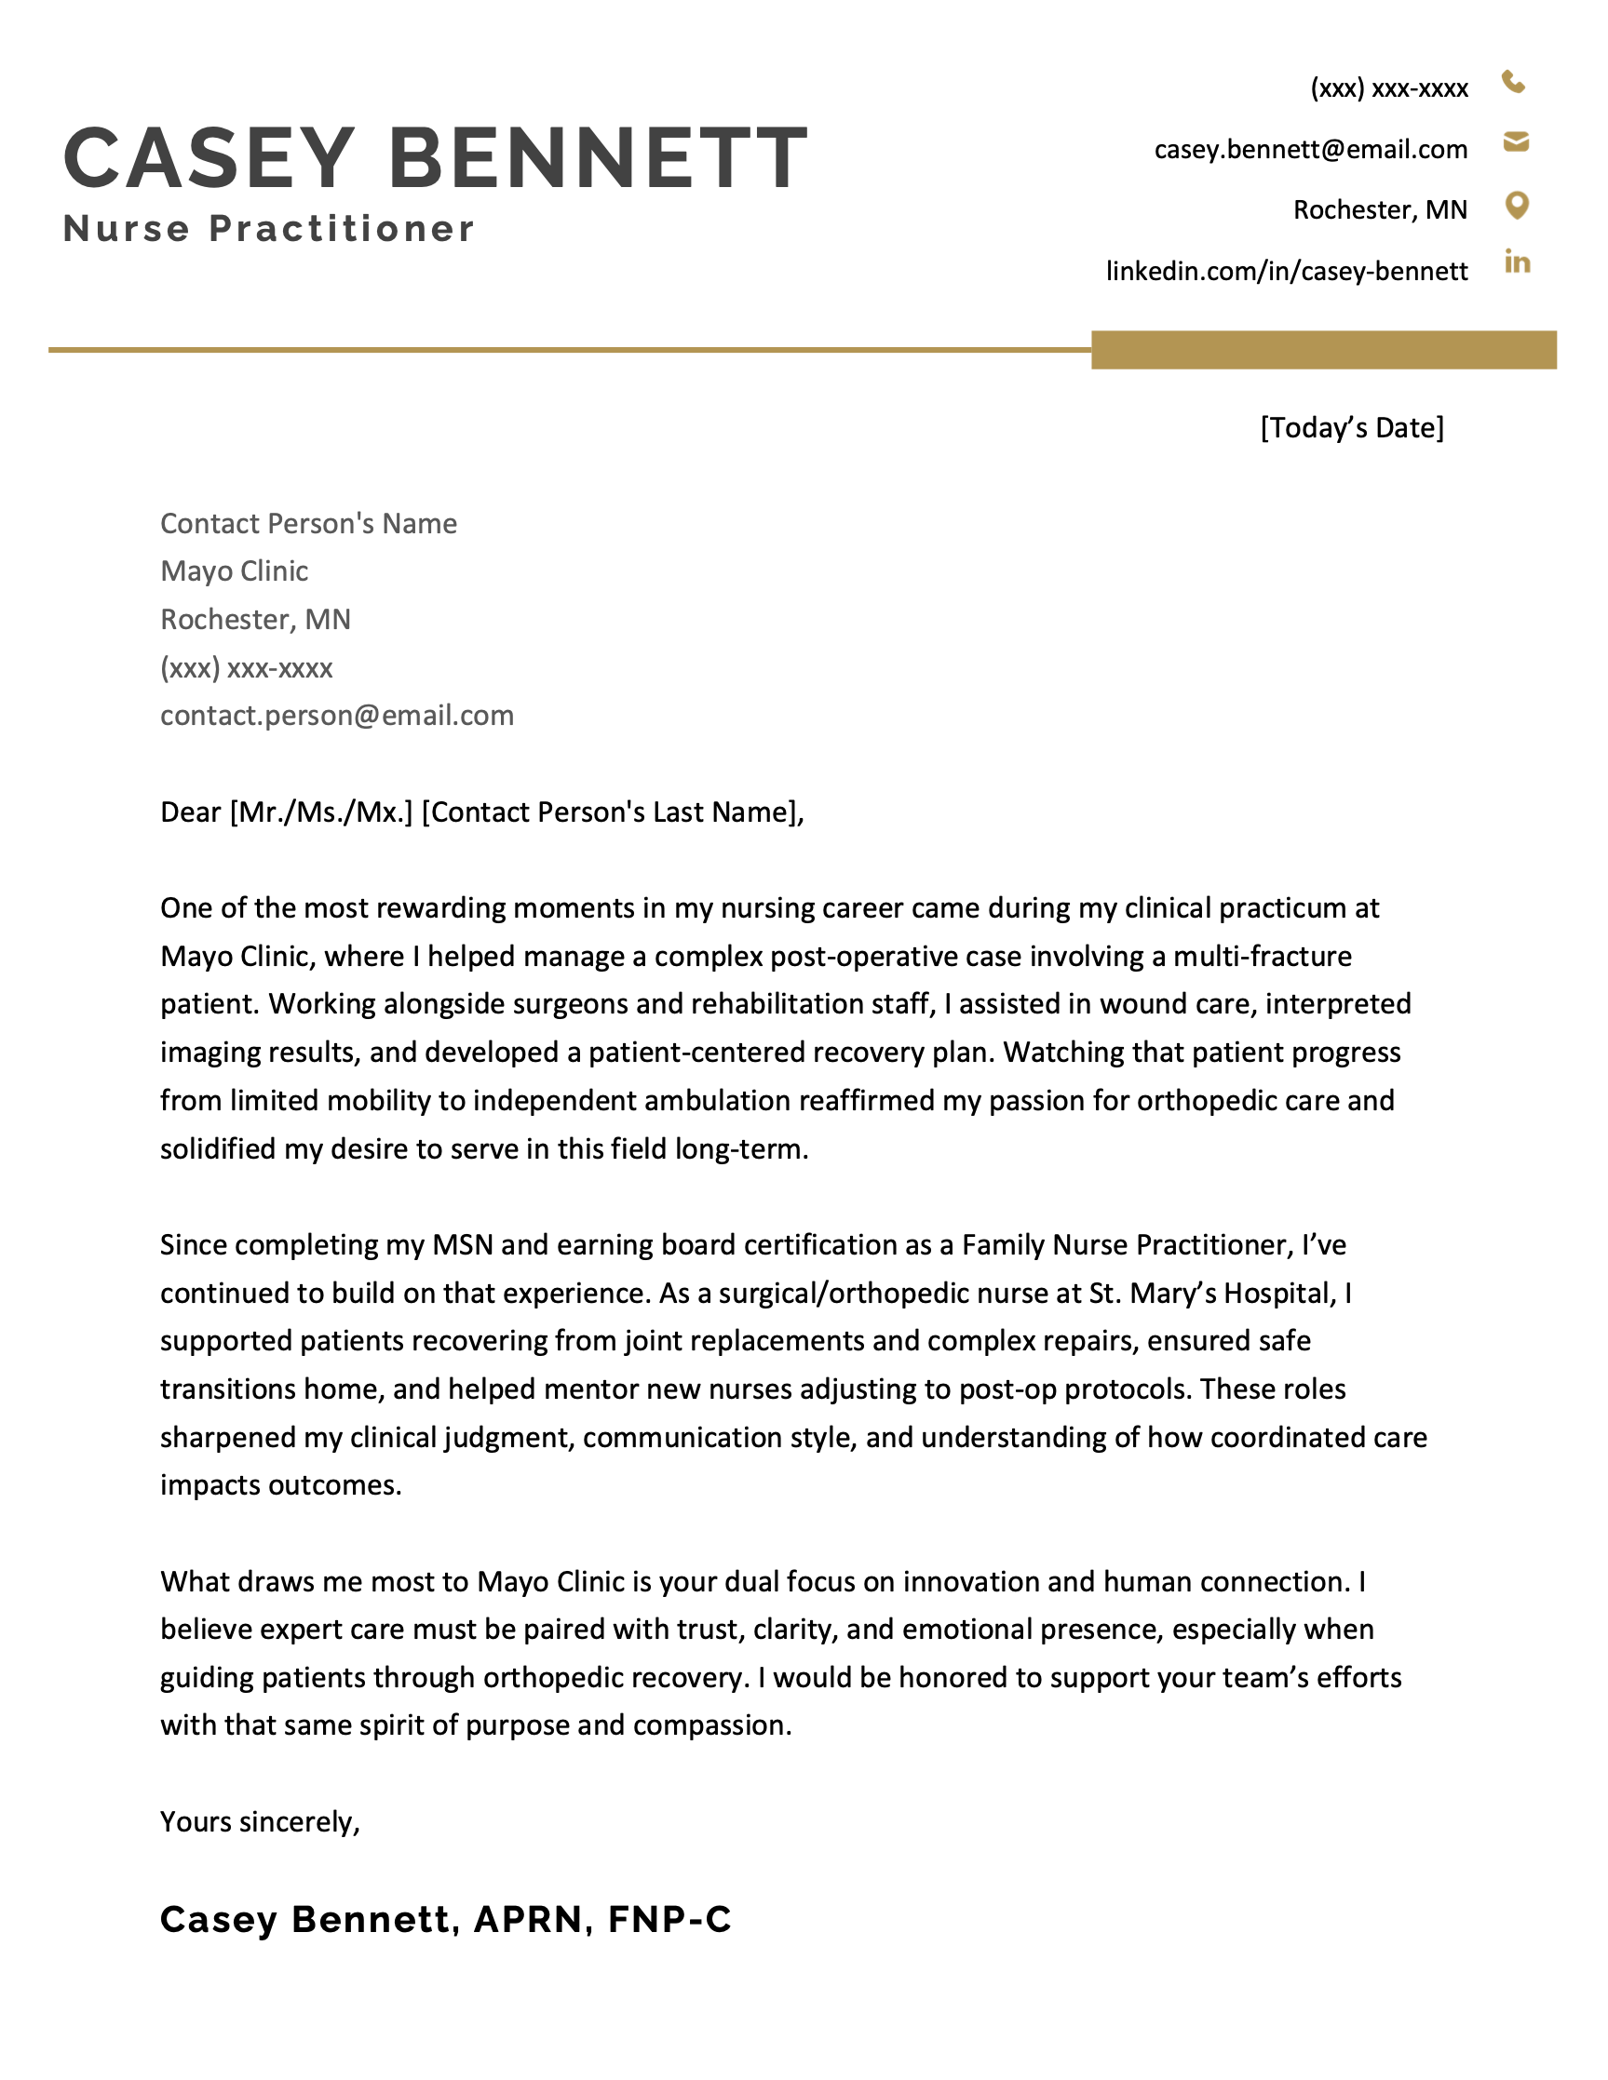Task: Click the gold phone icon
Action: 1513,83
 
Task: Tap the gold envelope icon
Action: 1516,143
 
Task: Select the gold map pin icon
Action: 1517,205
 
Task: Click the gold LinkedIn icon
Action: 1517,262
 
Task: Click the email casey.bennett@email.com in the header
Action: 1310,150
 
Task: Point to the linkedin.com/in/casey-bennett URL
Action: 1286,272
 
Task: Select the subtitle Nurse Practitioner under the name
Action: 269,230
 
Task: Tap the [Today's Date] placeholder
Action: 1352,427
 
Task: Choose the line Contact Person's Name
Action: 307,524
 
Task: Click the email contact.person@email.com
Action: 336,716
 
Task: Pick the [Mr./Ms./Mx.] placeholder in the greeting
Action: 321,812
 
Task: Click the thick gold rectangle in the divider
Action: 1323,350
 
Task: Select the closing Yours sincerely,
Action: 260,1822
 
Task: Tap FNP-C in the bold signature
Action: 669,1919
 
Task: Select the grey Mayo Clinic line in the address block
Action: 235,571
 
